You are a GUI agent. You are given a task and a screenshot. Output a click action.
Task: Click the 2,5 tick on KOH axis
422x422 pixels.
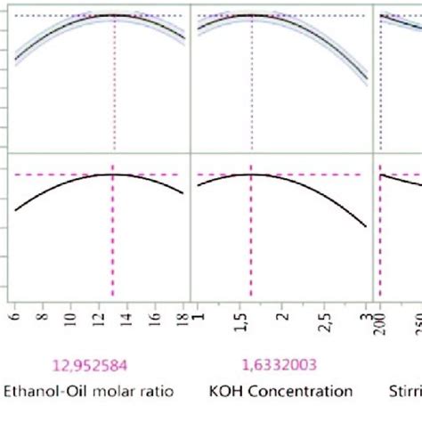click(325, 315)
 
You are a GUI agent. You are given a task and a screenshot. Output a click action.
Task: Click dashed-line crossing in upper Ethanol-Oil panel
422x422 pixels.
click(114, 16)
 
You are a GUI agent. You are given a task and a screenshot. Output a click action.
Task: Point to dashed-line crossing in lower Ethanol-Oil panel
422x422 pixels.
click(113, 174)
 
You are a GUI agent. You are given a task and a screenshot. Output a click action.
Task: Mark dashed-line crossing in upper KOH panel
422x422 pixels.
click(252, 16)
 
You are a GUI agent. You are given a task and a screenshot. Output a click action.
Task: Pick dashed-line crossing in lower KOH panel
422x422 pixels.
click(251, 174)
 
